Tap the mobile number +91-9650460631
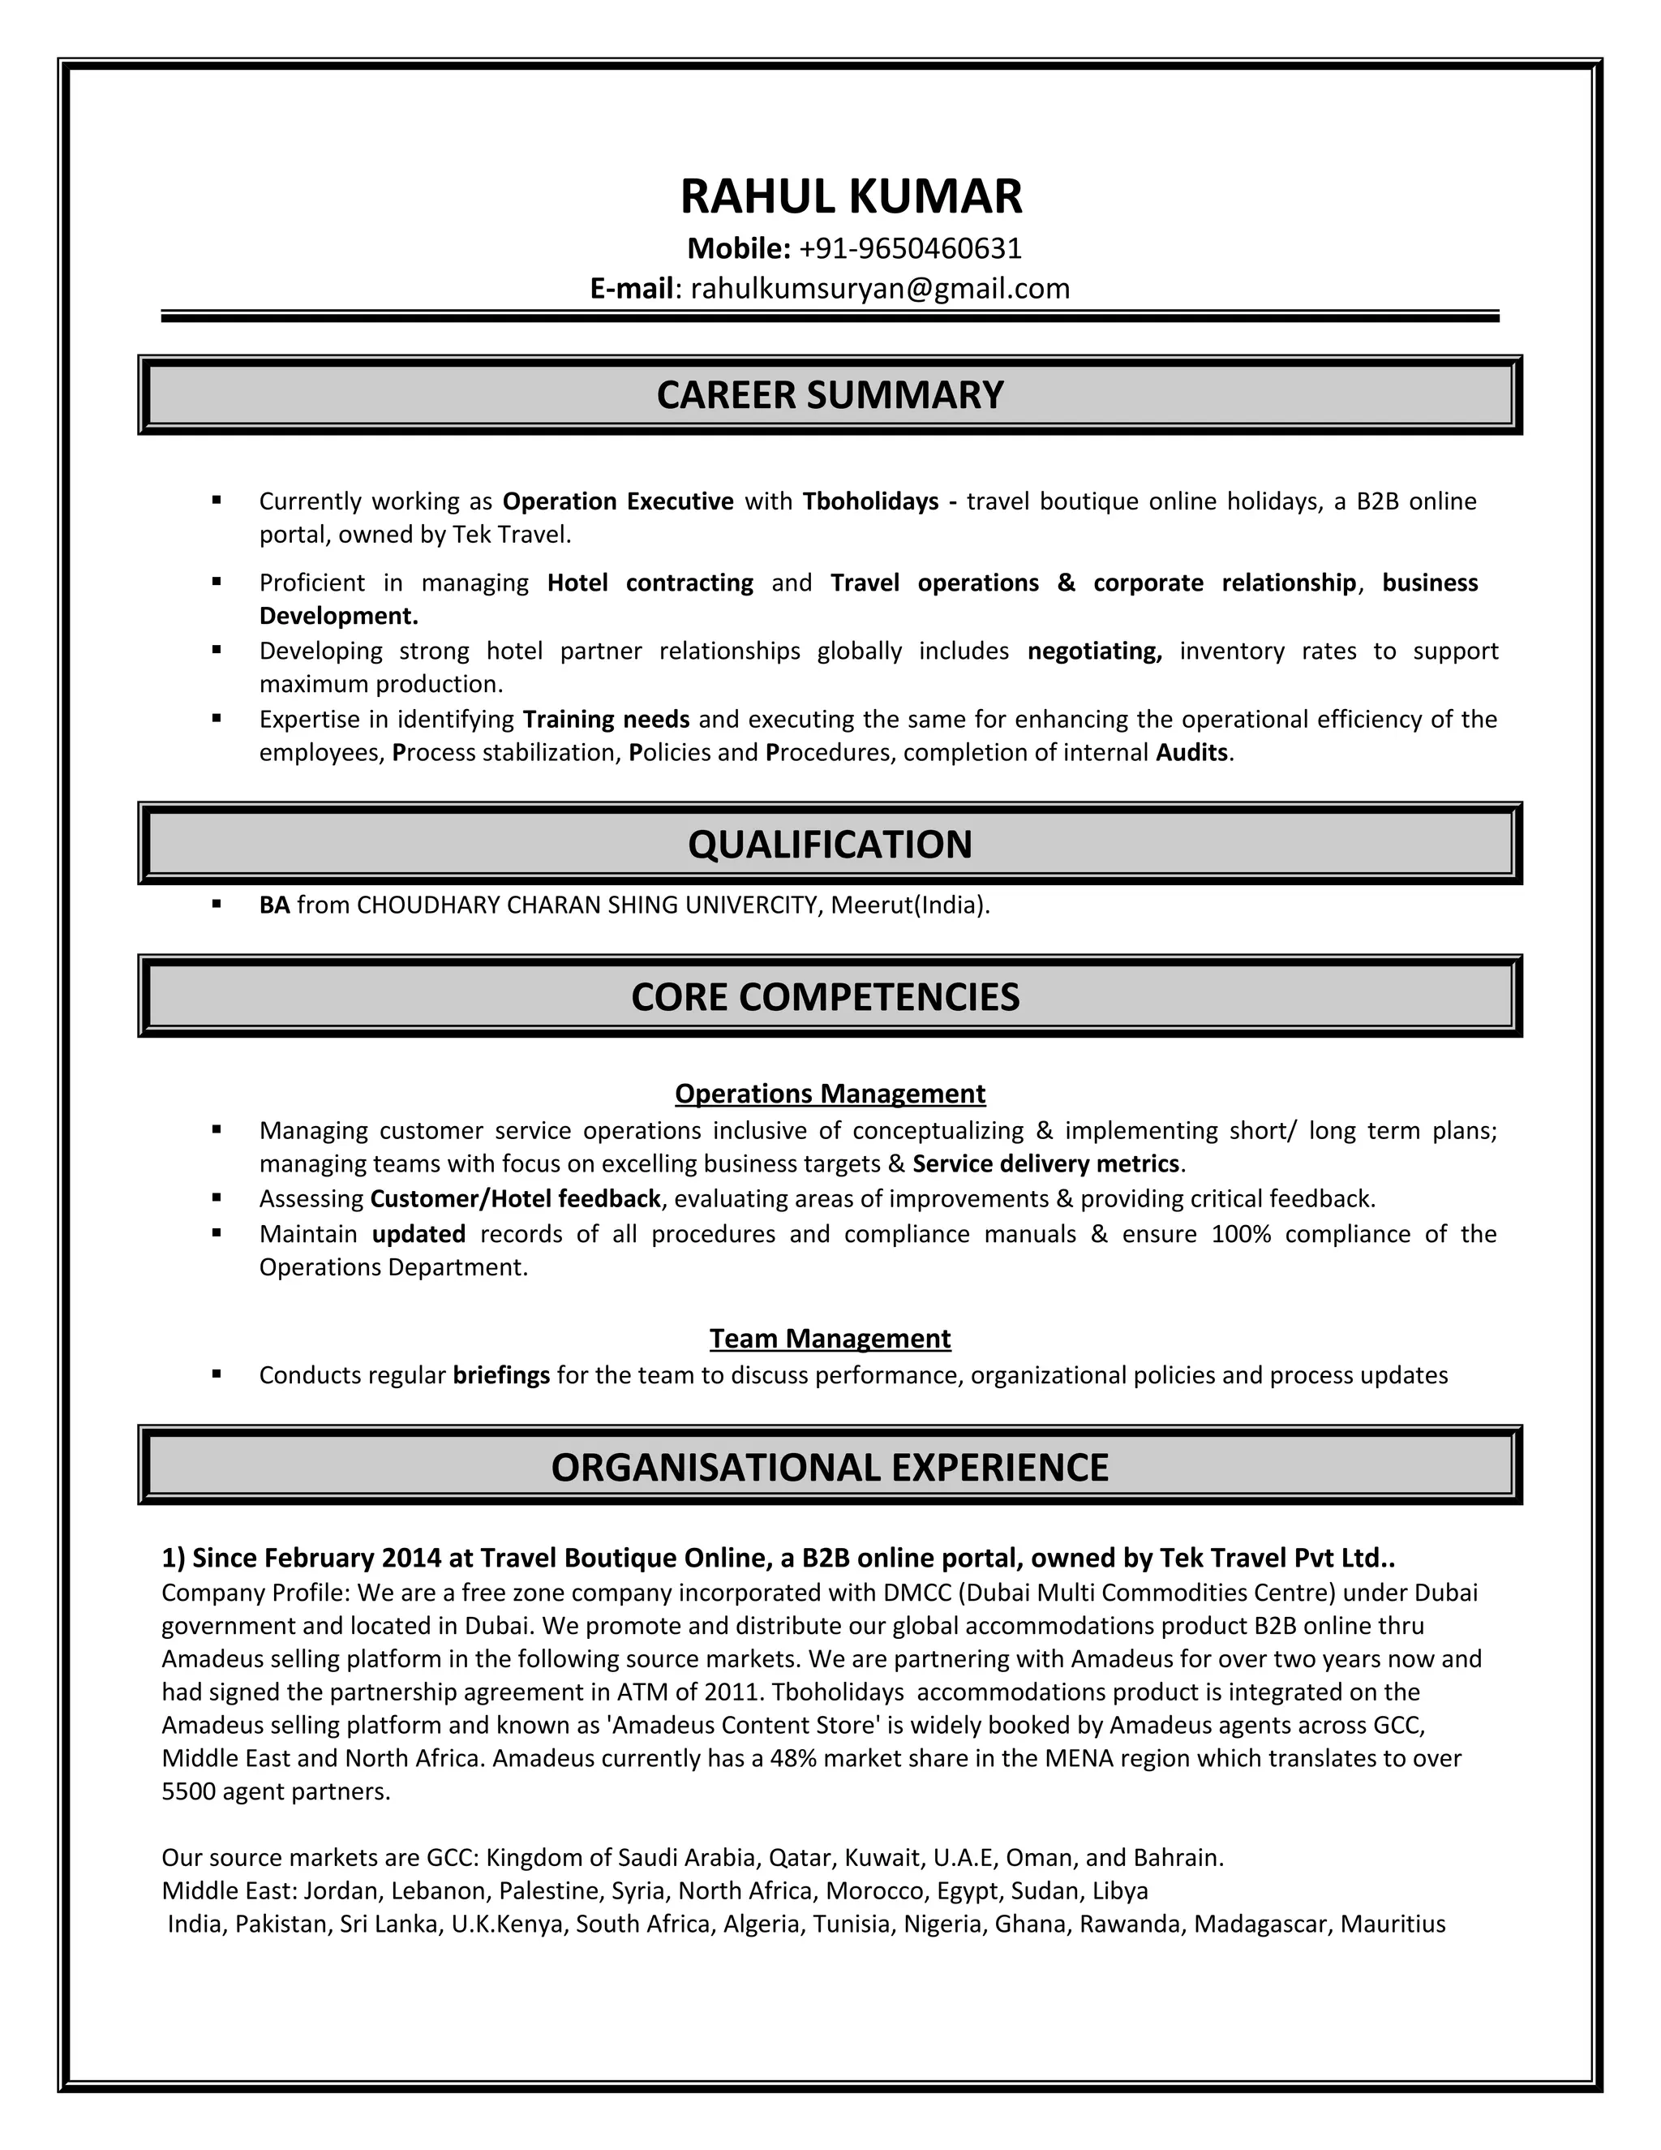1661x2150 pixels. [x=910, y=248]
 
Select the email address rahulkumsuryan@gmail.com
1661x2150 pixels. [x=880, y=289]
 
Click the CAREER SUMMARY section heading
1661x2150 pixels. [x=830, y=395]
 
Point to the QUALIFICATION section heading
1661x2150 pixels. [x=830, y=845]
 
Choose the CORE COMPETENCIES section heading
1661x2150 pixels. [x=825, y=997]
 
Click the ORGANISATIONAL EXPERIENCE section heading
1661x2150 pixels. [x=830, y=1467]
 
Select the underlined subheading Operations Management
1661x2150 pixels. [x=830, y=1094]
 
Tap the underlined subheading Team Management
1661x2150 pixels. [x=830, y=1339]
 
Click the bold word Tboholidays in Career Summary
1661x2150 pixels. [x=870, y=502]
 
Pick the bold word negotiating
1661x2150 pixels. [x=1094, y=651]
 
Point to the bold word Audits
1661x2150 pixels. [x=1191, y=753]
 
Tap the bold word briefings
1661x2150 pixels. [x=501, y=1375]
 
